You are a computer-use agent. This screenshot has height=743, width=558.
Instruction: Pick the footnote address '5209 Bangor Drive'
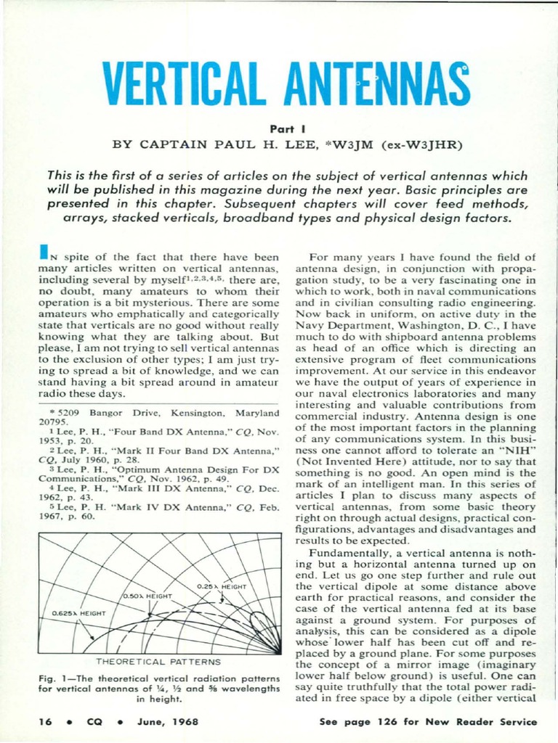click(88, 413)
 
